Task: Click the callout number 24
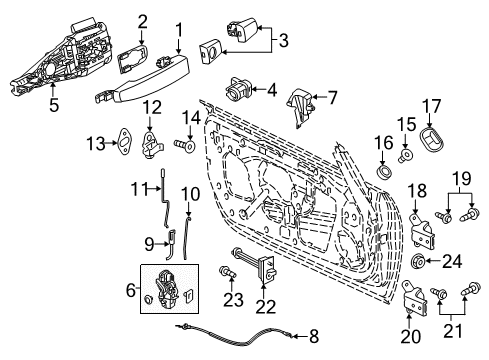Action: tap(454, 264)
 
